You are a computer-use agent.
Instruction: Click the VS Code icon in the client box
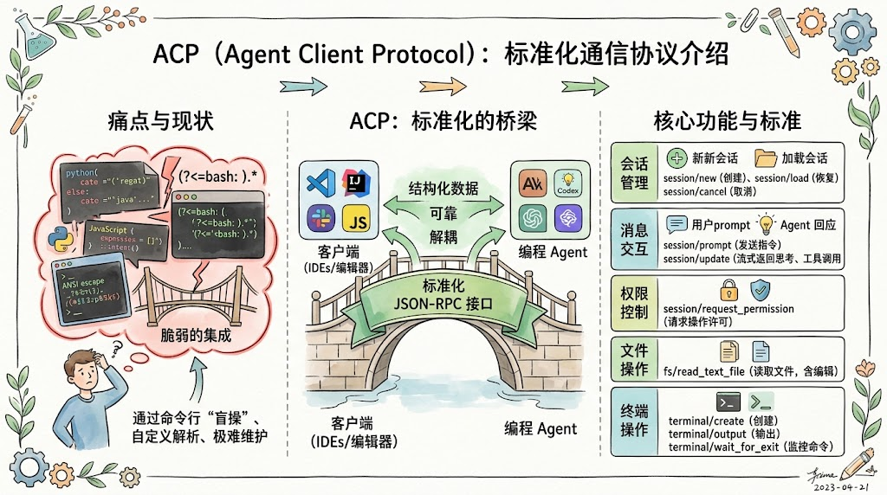click(320, 183)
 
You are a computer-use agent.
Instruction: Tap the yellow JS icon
click(357, 220)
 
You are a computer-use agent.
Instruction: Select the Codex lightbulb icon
click(568, 183)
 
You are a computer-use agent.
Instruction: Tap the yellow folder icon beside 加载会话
click(765, 158)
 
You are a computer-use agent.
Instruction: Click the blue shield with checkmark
click(761, 289)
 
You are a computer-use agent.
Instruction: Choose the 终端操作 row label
click(634, 420)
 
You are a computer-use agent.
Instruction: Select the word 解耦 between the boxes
click(443, 237)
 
